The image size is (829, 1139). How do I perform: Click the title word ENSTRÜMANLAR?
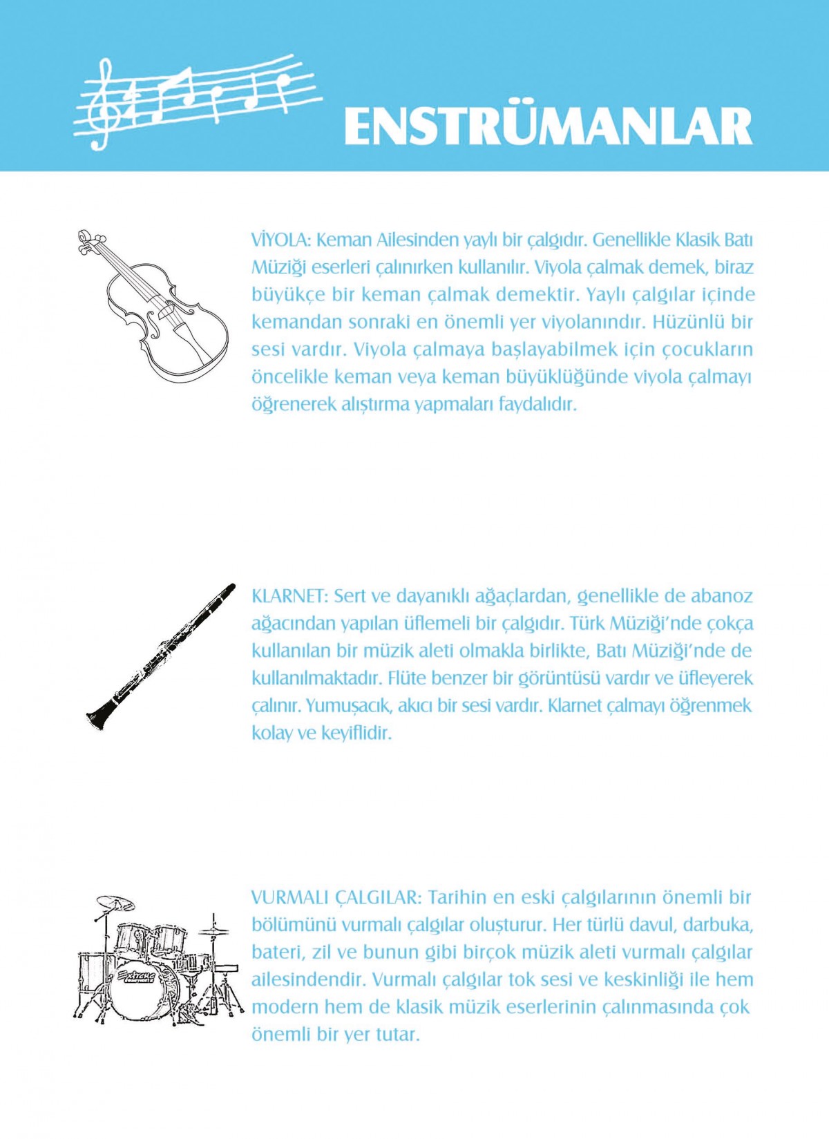coord(548,126)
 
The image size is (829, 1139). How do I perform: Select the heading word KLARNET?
coord(289,596)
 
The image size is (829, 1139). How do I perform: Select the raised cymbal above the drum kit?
coord(115,902)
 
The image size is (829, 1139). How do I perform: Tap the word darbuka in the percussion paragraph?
coord(718,925)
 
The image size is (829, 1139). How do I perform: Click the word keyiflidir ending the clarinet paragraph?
coord(356,733)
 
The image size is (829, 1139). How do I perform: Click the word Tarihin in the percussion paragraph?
coord(458,898)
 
